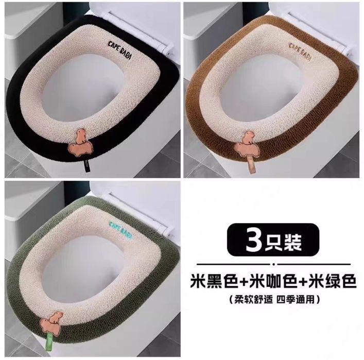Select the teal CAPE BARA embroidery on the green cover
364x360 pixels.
pos(120,230)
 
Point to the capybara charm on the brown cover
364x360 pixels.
pos(246,145)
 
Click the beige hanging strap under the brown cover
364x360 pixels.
pos(251,165)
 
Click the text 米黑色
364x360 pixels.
pos(214,281)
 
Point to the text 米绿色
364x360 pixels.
pos(332,281)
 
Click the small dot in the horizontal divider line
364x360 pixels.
pos(274,264)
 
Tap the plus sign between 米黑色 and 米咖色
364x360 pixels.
pos(244,282)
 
